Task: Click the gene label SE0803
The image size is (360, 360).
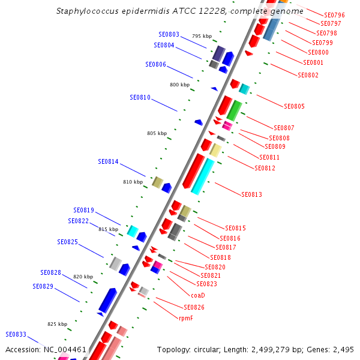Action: (169, 35)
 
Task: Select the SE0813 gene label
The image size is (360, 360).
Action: (251, 194)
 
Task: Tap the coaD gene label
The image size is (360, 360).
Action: (198, 295)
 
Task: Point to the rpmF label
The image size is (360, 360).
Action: (186, 318)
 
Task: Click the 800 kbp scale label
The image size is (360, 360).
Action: (179, 85)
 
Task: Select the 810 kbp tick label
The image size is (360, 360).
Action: (133, 182)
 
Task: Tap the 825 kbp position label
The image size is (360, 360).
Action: (57, 324)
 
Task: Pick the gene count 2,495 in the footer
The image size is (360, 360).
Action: (343, 349)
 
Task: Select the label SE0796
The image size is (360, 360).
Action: (334, 15)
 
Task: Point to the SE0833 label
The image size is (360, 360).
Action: (16, 335)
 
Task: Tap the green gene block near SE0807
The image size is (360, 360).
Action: (234, 111)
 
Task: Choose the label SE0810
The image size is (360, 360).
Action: (140, 97)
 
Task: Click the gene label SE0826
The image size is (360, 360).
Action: (194, 307)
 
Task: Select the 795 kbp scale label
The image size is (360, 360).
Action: (202, 37)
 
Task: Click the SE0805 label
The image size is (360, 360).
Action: (294, 107)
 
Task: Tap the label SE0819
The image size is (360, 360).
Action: (84, 211)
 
